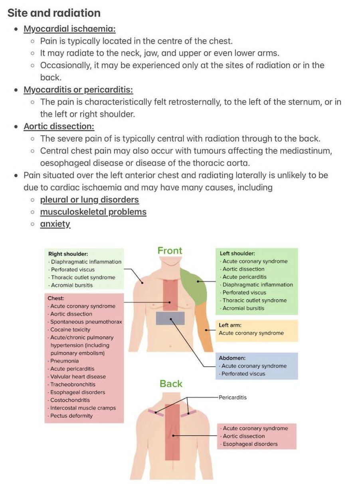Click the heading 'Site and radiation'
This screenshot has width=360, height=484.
[54, 13]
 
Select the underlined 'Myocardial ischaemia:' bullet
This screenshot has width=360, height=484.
[69, 29]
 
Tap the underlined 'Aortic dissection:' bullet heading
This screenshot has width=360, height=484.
[59, 126]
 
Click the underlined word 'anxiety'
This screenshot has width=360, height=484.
[55, 224]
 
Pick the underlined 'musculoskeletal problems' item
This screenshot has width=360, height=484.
[93, 212]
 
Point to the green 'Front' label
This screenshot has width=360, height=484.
[170, 251]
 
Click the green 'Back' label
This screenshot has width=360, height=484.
[171, 383]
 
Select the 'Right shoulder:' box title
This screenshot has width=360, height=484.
[68, 254]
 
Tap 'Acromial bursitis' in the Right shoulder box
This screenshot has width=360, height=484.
[72, 285]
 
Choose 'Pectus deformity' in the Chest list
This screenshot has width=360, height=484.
[71, 416]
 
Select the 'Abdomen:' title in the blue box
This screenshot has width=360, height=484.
[232, 358]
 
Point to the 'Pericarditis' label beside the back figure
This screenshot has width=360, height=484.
[233, 397]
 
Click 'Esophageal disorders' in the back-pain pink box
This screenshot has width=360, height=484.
[250, 444]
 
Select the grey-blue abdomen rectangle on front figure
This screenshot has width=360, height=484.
[170, 318]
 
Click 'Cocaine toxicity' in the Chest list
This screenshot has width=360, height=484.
[70, 330]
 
